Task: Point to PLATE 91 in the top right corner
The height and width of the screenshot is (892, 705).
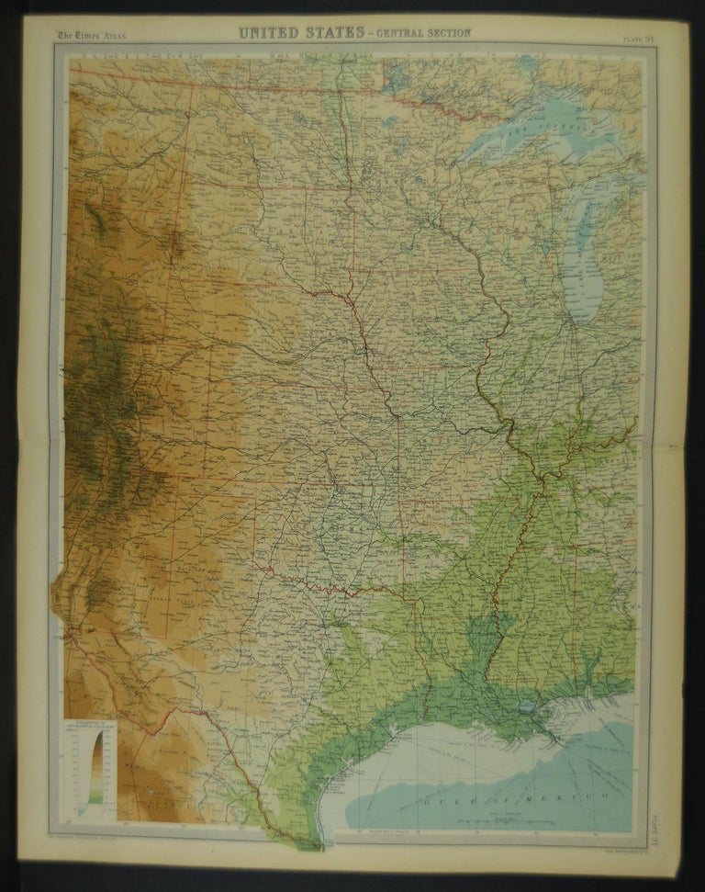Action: tap(634, 38)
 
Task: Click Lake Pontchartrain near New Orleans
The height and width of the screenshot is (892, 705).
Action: tap(526, 707)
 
